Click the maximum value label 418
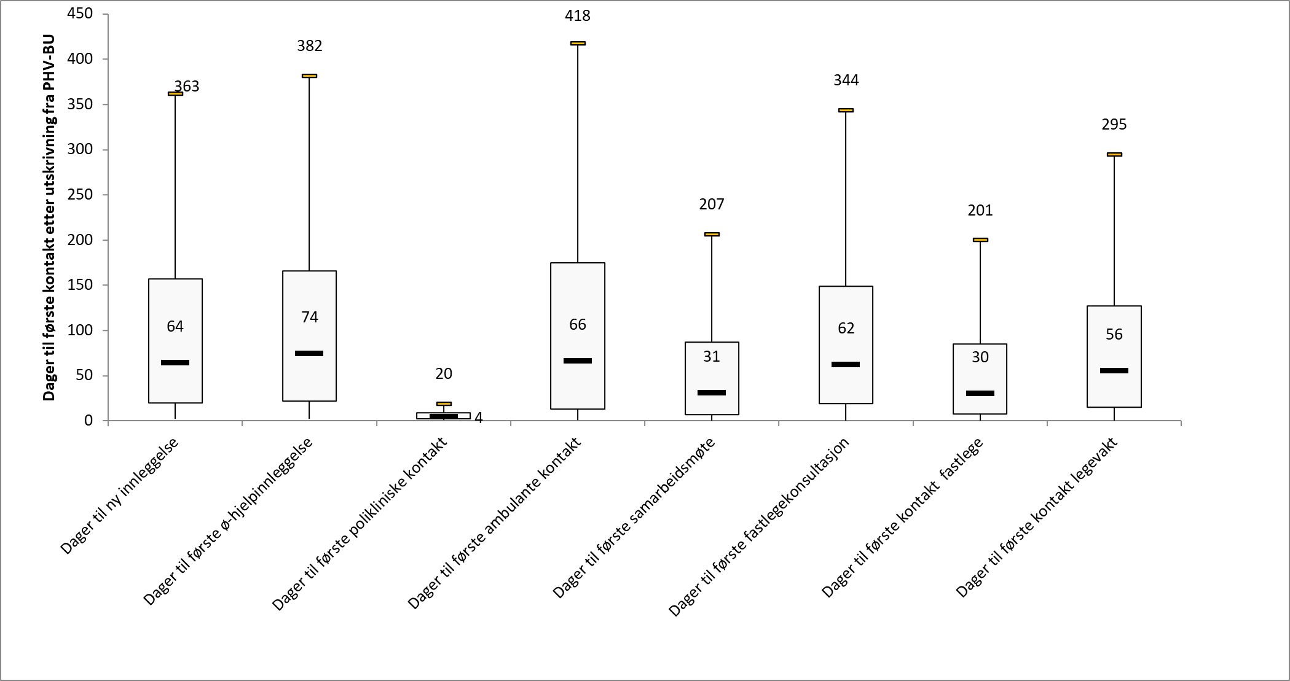(577, 16)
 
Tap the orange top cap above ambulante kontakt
(578, 43)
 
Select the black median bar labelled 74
(309, 353)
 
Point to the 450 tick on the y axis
(81, 14)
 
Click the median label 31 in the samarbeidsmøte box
(711, 357)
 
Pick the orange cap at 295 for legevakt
(1114, 154)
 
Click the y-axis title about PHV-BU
(49, 218)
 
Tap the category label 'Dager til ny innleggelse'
(120, 496)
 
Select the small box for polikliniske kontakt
(443, 416)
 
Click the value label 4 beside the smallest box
(479, 418)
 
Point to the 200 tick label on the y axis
(81, 240)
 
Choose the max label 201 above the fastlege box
(980, 211)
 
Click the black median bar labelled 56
(1114, 370)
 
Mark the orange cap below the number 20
(444, 403)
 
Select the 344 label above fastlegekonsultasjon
(846, 80)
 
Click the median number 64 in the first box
(175, 326)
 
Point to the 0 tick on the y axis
(88, 421)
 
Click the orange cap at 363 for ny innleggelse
(175, 93)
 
